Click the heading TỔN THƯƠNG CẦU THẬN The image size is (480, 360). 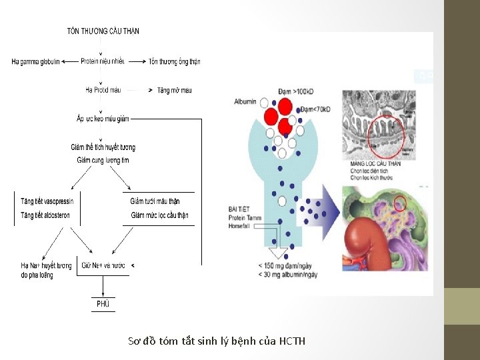(103, 31)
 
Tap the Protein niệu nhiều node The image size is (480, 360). (103, 62)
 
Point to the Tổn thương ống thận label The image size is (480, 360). (175, 62)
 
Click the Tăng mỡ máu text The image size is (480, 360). (175, 89)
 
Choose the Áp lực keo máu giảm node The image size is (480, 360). (103, 119)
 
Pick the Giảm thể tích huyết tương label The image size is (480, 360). (103, 147)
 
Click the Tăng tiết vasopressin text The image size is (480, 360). (47, 201)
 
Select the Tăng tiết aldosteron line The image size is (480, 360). (45, 215)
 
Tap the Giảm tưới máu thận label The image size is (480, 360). (155, 201)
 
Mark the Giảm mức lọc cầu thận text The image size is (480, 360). (159, 215)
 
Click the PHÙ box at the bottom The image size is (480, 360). (103, 304)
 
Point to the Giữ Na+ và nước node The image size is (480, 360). (103, 265)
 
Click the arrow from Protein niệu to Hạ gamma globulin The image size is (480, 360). (69, 62)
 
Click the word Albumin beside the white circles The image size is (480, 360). (245, 101)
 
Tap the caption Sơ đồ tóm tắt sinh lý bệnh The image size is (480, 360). (217, 341)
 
